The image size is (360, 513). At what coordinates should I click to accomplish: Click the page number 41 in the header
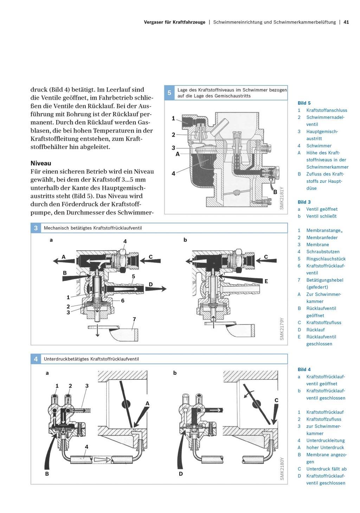point(346,22)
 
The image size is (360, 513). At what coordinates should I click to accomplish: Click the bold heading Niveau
point(41,163)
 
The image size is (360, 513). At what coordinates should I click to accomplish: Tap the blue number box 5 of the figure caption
point(169,93)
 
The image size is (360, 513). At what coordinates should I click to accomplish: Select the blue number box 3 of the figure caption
point(36,228)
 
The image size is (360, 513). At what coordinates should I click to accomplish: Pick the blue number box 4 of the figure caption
point(36,359)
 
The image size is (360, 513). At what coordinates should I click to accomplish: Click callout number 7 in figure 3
point(134,319)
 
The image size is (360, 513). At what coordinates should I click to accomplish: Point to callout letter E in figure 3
point(266,281)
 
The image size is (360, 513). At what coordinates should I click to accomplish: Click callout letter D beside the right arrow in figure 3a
point(151,284)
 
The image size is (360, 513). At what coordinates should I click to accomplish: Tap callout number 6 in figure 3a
point(123,301)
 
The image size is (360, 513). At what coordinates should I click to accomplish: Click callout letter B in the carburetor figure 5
point(275,192)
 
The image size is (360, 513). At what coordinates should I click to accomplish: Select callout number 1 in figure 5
point(173,118)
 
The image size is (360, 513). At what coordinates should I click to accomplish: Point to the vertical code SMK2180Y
point(282,468)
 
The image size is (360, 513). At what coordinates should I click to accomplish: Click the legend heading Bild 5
point(304,103)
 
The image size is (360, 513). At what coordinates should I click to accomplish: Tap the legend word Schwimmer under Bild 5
point(319,146)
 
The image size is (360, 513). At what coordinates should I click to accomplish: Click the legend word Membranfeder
point(322,237)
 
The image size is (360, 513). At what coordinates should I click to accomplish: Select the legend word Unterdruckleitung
point(325,440)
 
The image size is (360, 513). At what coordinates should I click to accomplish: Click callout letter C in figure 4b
point(276,400)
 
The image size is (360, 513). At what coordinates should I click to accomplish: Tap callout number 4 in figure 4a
point(86,447)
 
